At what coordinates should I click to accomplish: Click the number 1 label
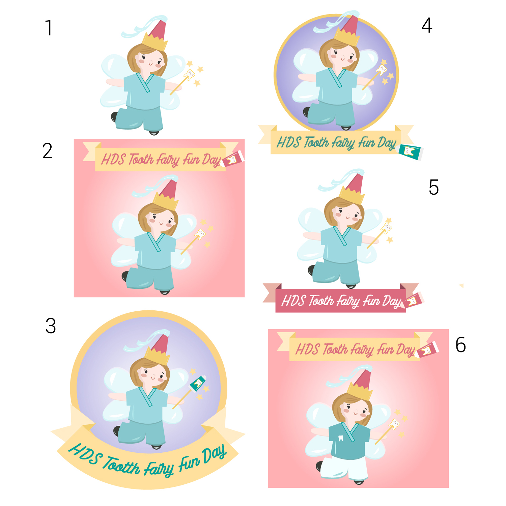click(49, 28)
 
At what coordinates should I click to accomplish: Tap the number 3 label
click(51, 326)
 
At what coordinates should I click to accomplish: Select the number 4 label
click(427, 25)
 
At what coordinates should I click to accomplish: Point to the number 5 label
click(433, 187)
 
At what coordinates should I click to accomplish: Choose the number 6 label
click(460, 345)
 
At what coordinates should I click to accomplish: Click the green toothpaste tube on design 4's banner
click(410, 151)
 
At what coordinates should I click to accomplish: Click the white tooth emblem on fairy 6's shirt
click(341, 438)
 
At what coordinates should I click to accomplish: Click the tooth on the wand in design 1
click(190, 74)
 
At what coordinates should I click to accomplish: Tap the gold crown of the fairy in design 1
click(155, 42)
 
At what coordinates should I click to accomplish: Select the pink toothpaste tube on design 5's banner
click(414, 300)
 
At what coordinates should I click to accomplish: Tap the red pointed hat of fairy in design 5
click(356, 184)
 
